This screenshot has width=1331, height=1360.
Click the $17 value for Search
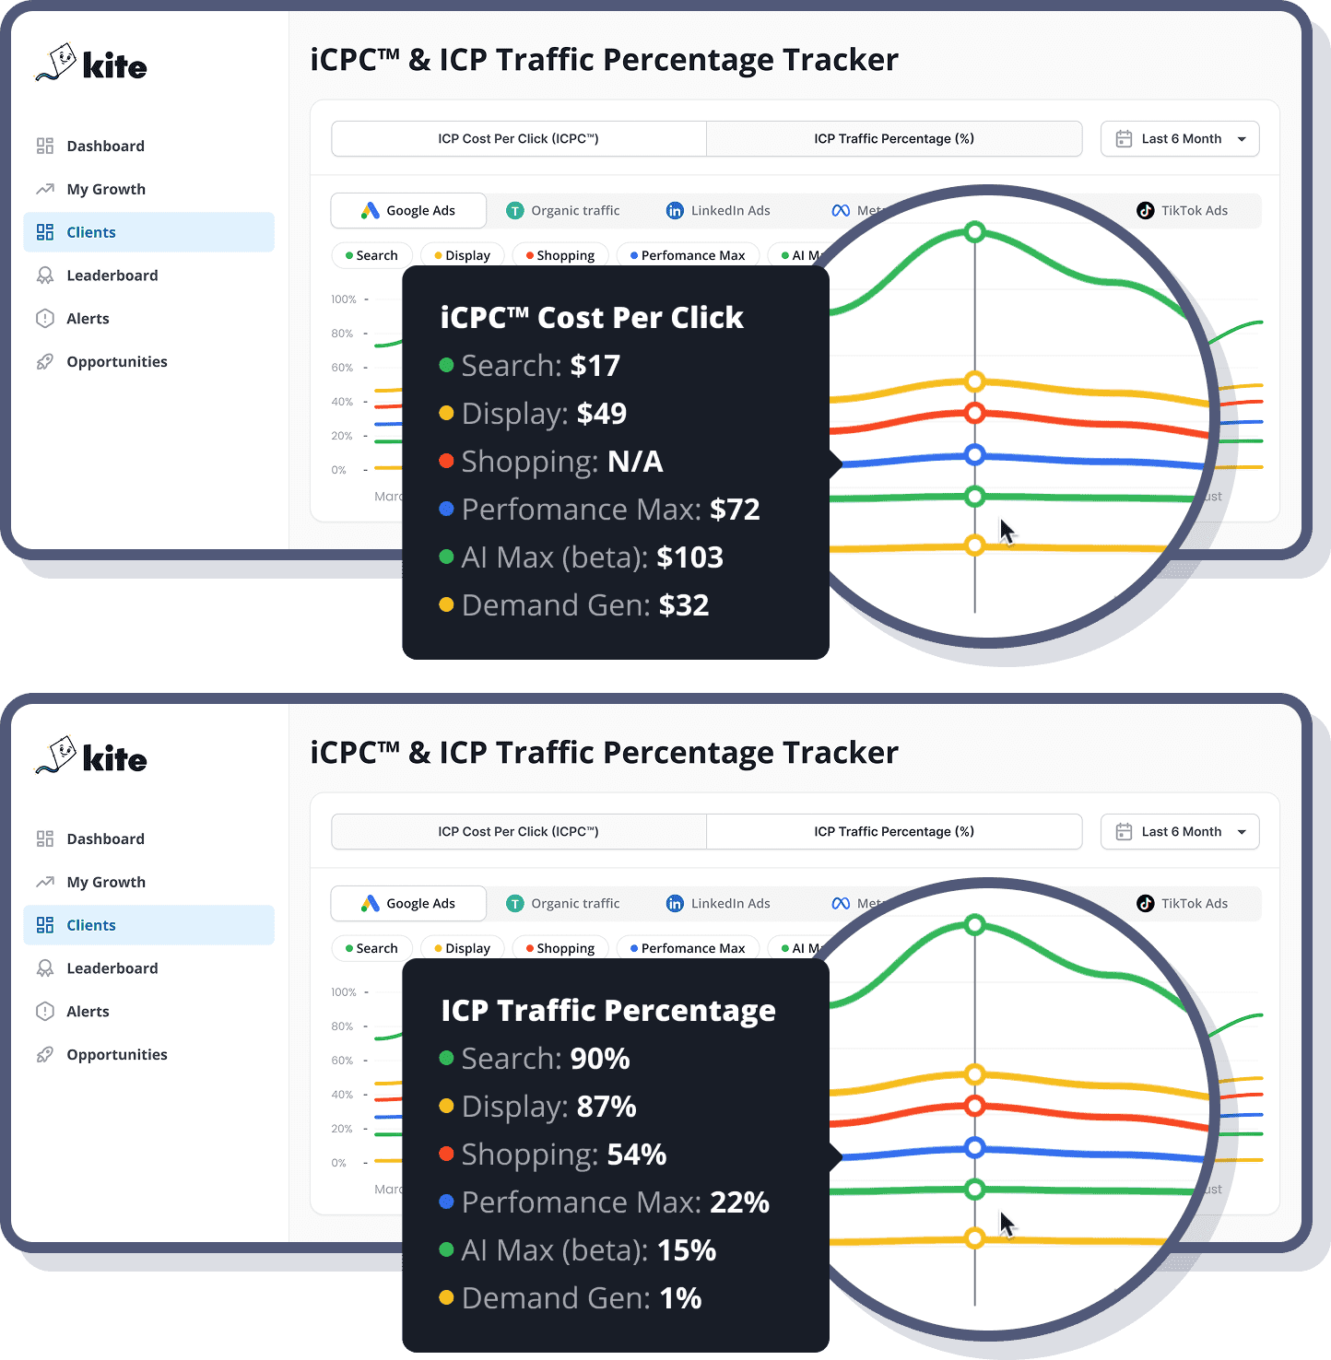pyautogui.click(x=595, y=366)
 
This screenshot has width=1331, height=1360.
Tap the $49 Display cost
pyautogui.click(x=601, y=414)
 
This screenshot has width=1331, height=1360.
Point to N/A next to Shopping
pyautogui.click(x=634, y=462)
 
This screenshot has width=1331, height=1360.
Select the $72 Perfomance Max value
pyautogui.click(x=735, y=510)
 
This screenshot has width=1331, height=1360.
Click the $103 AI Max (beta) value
pyautogui.click(x=689, y=557)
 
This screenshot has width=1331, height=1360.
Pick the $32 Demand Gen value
pyautogui.click(x=683, y=605)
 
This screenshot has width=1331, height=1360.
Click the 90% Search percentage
pyautogui.click(x=600, y=1059)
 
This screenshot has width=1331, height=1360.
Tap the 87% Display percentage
pyautogui.click(x=607, y=1107)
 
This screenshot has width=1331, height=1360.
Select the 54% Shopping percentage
pyautogui.click(x=636, y=1155)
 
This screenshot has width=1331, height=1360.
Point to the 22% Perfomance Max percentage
pyautogui.click(x=739, y=1202)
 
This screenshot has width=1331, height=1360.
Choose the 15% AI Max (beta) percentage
pyautogui.click(x=686, y=1250)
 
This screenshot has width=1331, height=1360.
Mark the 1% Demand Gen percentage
pyautogui.click(x=680, y=1298)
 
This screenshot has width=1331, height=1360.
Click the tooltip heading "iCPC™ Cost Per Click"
pyautogui.click(x=592, y=318)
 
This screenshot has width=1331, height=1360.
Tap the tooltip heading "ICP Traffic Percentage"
pyautogui.click(x=608, y=1011)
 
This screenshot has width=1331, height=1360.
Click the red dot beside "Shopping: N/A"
pyautogui.click(x=446, y=461)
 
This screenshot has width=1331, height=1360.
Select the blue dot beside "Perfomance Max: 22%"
pyautogui.click(x=446, y=1202)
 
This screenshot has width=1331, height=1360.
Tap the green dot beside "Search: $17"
pyautogui.click(x=446, y=365)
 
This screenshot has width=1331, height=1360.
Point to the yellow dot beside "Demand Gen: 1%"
pyautogui.click(x=446, y=1297)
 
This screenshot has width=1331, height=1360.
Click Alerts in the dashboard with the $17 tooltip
pyautogui.click(x=88, y=319)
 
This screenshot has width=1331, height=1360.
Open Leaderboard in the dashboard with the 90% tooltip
pyautogui.click(x=112, y=968)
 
